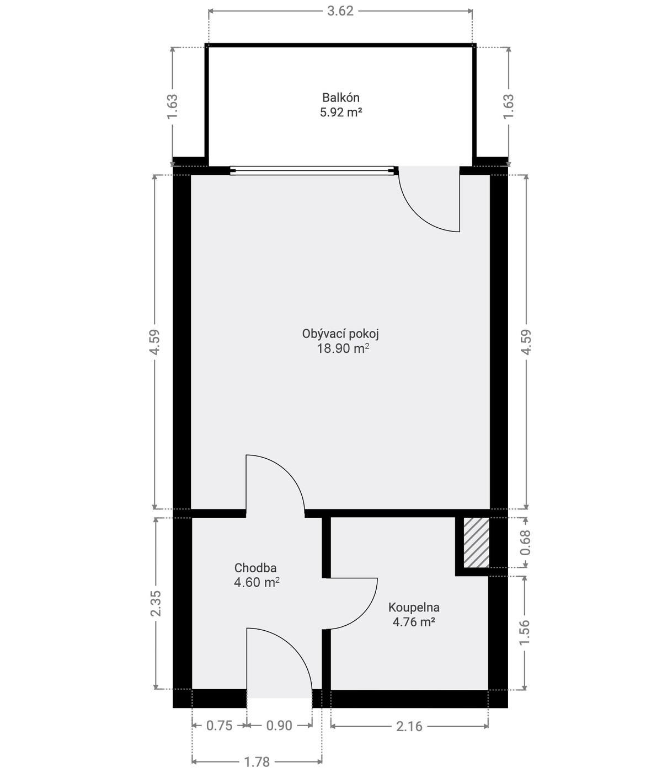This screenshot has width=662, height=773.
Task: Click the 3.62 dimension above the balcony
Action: point(340,11)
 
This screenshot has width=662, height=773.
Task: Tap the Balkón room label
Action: point(340,98)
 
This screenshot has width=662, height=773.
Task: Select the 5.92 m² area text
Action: point(340,112)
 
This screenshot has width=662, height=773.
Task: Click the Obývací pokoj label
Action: point(340,334)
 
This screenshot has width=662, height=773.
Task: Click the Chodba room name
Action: point(255,568)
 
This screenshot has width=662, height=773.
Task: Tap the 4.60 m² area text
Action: point(257,582)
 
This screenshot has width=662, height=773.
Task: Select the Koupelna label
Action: point(414,607)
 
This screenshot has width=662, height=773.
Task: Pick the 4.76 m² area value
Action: point(414,622)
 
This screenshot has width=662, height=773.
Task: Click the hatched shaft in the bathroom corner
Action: point(476,543)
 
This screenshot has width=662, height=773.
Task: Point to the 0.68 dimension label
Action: point(525,543)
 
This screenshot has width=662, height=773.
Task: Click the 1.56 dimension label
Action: point(525,632)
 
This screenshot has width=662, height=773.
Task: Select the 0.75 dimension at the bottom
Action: point(220,726)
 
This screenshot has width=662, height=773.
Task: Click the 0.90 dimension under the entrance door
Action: point(279,726)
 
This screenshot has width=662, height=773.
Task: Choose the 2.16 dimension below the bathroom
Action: point(409,726)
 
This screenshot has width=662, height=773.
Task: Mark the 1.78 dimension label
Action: point(257,762)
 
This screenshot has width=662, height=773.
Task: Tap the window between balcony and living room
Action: point(313,171)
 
